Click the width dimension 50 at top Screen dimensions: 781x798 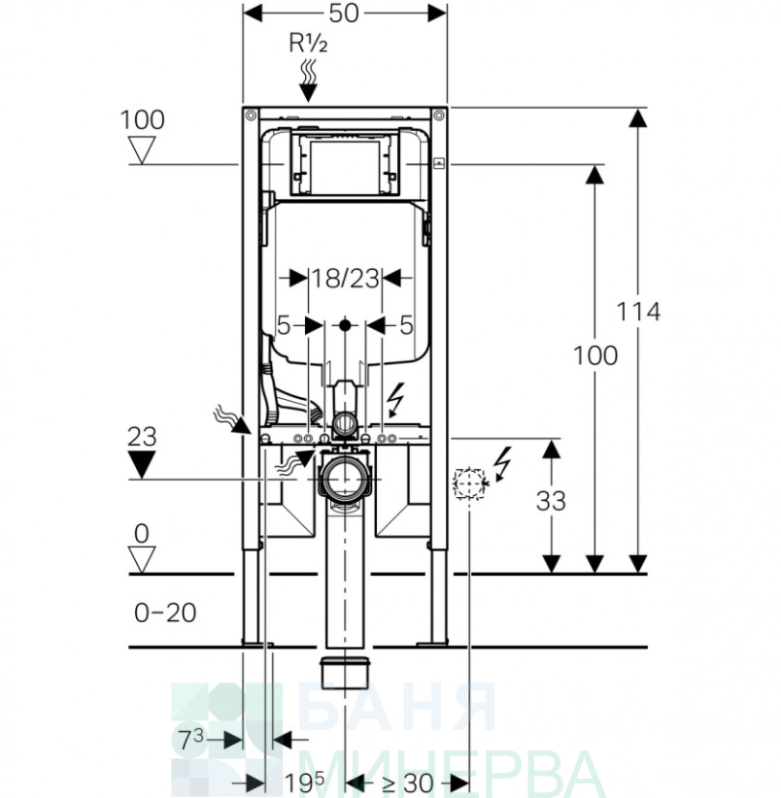tap(344, 14)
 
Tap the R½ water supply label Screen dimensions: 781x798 tap(308, 43)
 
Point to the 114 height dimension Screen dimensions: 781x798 tap(638, 312)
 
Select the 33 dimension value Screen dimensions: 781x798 tap(551, 501)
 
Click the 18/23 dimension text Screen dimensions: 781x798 tap(345, 279)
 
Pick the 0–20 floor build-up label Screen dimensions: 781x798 tap(165, 613)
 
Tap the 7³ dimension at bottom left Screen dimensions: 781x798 tap(191, 739)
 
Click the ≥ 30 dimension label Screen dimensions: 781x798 tap(407, 783)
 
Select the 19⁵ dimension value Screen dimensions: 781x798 tap(304, 782)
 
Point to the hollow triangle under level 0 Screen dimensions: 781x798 tap(141, 560)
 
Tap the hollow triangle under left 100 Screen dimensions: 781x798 tap(141, 151)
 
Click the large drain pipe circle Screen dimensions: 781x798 tap(345, 479)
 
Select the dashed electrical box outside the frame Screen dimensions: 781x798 tap(468, 482)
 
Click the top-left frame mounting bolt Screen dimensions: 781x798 tap(250, 115)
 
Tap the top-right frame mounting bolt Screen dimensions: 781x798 tap(438, 115)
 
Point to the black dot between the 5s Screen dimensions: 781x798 tap(345, 324)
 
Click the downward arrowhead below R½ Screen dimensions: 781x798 tap(308, 93)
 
